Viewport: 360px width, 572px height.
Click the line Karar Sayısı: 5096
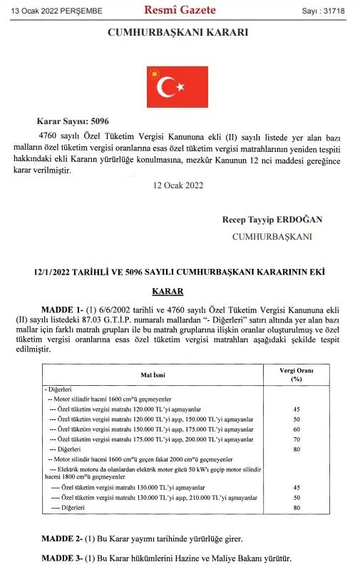pos(72,121)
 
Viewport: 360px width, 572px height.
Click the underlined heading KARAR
pos(168,291)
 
